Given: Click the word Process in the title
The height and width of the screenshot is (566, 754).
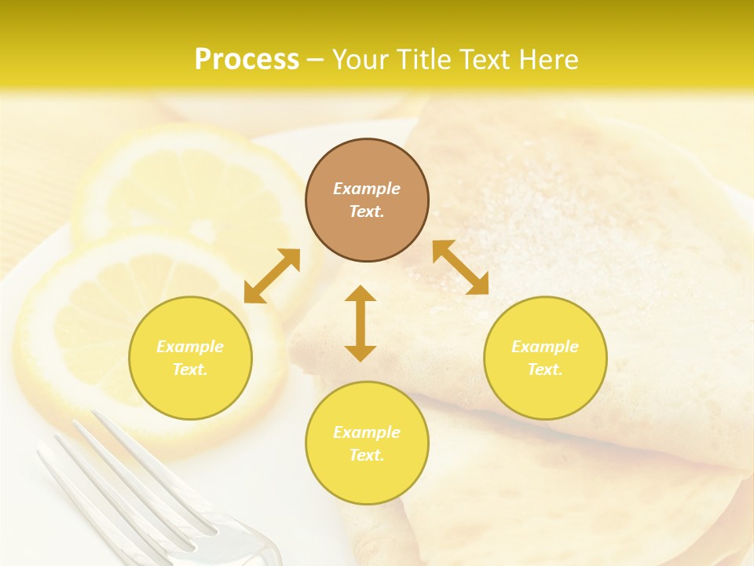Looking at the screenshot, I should click(x=247, y=60).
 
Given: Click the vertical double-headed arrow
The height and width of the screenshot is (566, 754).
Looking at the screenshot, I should click(x=361, y=323).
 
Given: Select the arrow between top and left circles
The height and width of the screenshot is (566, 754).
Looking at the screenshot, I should click(x=272, y=276).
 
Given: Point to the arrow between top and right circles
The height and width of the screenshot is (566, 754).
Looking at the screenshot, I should click(x=460, y=267).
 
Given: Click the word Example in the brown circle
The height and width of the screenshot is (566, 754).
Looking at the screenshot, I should click(x=367, y=189).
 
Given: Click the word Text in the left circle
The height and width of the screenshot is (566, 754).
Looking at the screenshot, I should click(x=190, y=369).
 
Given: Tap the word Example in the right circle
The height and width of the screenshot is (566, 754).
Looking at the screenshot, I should click(x=545, y=347).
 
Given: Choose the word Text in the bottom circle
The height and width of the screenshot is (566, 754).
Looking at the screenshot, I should click(x=367, y=455).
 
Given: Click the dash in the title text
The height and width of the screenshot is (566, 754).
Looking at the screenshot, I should click(x=316, y=60).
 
